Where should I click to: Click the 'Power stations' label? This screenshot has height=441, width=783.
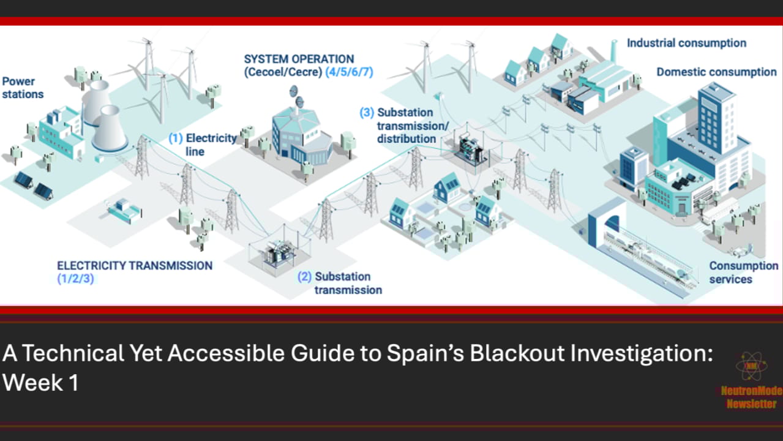click(23, 88)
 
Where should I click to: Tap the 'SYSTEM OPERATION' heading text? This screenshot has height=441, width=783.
click(299, 59)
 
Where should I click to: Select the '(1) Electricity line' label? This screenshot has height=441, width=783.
click(202, 145)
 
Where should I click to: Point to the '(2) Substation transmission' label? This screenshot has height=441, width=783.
click(340, 283)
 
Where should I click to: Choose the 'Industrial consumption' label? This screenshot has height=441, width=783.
click(686, 43)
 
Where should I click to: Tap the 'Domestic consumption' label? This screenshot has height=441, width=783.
click(716, 72)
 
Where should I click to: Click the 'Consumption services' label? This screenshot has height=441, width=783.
click(743, 273)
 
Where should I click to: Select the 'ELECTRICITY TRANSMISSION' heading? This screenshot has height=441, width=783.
click(135, 266)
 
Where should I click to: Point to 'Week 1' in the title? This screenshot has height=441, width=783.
click(40, 383)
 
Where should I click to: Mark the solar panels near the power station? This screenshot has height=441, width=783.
click(34, 186)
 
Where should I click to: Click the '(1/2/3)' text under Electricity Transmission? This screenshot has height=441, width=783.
click(75, 279)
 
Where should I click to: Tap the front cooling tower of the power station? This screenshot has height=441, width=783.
click(109, 128)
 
